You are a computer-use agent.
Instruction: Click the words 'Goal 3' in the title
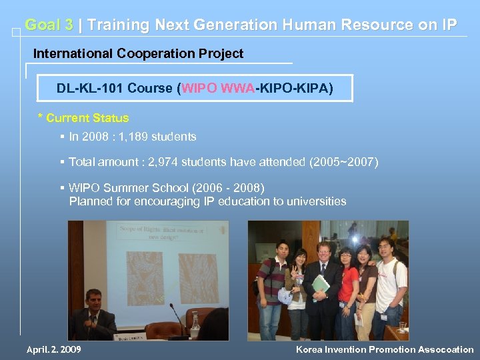pos(49,25)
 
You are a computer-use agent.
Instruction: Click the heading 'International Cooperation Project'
pos(138,53)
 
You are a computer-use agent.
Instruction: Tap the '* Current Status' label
pos(83,118)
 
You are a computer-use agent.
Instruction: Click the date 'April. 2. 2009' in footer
pos(53,349)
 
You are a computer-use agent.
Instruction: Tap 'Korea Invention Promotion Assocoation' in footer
pos(385,349)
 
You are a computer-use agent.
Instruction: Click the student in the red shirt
pos(347,287)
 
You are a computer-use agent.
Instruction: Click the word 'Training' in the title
pos(118,25)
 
